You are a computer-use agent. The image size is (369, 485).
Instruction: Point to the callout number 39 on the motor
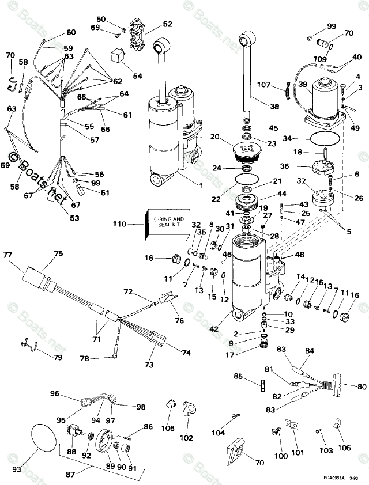[x=302, y=84]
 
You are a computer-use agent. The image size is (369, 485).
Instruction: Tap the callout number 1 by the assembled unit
[x=200, y=185]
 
